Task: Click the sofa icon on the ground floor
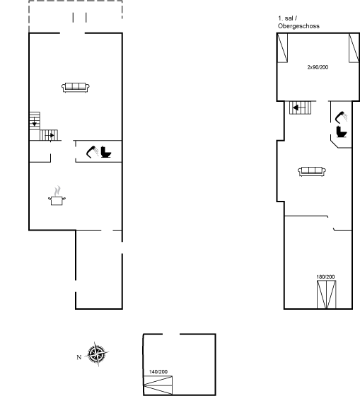click(x=76, y=88)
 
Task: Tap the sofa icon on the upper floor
click(x=312, y=171)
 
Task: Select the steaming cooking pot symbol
click(x=57, y=196)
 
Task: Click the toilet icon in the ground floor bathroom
click(x=106, y=152)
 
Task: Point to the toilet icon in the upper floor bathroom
click(x=342, y=132)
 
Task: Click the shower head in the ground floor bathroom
click(x=93, y=151)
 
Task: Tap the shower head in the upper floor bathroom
click(x=341, y=117)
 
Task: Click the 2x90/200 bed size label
click(x=318, y=67)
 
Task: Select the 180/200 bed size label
click(x=325, y=276)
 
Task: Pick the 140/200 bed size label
click(x=158, y=372)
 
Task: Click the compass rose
click(x=97, y=354)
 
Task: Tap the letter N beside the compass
click(x=79, y=357)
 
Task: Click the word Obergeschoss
click(x=298, y=26)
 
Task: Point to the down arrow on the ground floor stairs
click(x=35, y=122)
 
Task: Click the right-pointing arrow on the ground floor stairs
click(x=50, y=135)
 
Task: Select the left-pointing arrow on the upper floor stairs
click(x=299, y=108)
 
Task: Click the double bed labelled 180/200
click(x=326, y=294)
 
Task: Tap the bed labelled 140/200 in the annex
click(x=158, y=385)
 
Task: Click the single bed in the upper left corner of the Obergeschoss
click(x=282, y=48)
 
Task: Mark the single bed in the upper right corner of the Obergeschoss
click(x=354, y=48)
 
